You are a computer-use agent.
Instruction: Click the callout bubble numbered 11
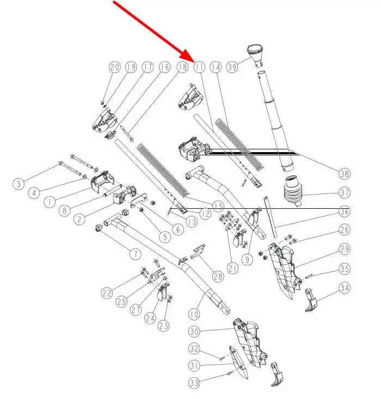(199, 67)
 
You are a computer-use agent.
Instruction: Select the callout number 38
(344, 174)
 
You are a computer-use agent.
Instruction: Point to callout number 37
(344, 192)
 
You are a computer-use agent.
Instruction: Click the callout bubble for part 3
(19, 184)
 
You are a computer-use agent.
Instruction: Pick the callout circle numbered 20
(114, 67)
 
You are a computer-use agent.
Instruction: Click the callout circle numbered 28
(218, 277)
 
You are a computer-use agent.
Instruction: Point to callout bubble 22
(107, 293)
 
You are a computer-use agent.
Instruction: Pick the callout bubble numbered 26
(344, 229)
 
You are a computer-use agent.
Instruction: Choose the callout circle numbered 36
(344, 211)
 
